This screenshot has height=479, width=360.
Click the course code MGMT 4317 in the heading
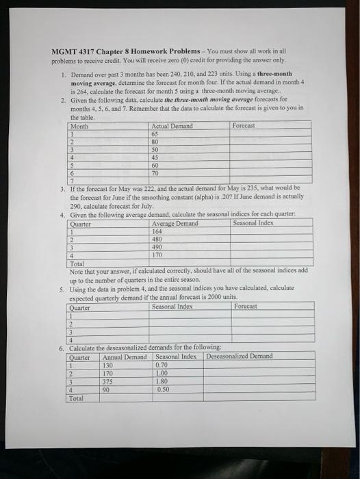pos(71,51)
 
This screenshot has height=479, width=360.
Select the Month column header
pos(80,126)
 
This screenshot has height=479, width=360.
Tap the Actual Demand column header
pos(172,126)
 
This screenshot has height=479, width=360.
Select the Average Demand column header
pos(175,224)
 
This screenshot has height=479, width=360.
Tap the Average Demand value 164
pos(158,231)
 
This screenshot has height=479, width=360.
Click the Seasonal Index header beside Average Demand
pos(253,223)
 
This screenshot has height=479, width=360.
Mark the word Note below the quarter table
pos(76,270)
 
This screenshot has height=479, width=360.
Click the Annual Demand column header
pos(125,357)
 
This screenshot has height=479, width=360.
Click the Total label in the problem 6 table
pos(77,397)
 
